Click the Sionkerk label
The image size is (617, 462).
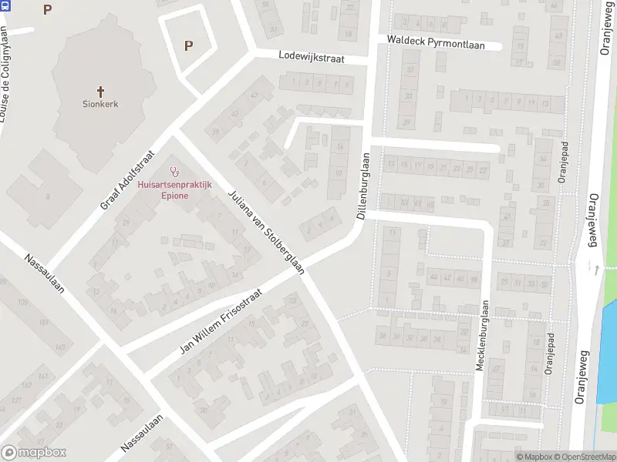click(100, 103)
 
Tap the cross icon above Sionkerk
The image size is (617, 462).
click(100, 90)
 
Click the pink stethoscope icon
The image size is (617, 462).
click(174, 173)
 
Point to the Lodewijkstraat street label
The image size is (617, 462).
click(311, 58)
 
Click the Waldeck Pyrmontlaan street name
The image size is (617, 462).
click(436, 45)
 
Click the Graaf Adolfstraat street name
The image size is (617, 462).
click(128, 180)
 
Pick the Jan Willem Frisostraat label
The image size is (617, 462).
click(221, 322)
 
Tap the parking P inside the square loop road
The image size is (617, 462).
click(188, 45)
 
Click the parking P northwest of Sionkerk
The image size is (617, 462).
click(48, 9)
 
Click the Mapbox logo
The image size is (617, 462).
click(33, 453)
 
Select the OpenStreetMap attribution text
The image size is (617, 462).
click(582, 457)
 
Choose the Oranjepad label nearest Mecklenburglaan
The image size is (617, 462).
click(549, 355)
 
